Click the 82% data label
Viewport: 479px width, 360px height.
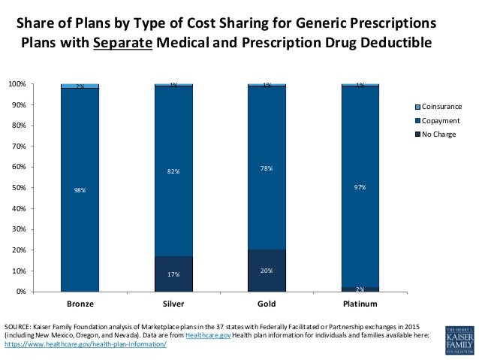(173, 172)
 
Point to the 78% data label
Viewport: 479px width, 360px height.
(267, 168)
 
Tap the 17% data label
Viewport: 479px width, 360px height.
(173, 274)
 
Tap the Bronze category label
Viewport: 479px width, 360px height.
(80, 304)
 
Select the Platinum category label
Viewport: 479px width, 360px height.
(360, 304)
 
